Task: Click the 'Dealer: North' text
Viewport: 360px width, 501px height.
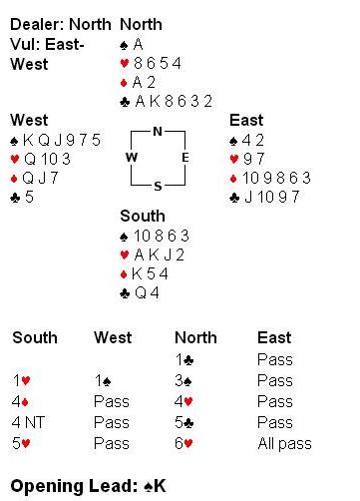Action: click(61, 24)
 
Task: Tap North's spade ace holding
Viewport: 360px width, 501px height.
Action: click(132, 44)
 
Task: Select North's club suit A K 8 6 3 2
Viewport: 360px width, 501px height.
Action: click(167, 101)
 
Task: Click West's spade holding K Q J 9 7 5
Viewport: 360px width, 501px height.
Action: click(56, 140)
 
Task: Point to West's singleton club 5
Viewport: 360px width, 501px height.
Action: click(22, 197)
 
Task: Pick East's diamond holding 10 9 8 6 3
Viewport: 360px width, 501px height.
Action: click(270, 178)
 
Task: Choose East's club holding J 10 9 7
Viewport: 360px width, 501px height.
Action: click(264, 197)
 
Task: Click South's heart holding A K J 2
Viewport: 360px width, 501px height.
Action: click(153, 254)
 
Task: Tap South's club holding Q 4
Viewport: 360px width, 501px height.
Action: click(140, 293)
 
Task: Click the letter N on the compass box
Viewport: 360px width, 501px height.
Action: click(158, 132)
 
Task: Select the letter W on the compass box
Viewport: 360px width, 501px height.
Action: click(132, 157)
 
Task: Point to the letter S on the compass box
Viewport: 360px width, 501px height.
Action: click(158, 186)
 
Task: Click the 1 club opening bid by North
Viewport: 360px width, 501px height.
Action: click(184, 359)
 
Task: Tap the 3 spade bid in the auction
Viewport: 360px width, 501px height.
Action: click(183, 380)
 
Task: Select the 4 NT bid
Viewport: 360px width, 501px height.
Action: click(28, 422)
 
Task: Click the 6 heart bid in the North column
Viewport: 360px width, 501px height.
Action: click(183, 443)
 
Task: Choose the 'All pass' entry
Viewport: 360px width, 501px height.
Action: click(285, 443)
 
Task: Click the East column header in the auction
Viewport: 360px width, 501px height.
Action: click(274, 337)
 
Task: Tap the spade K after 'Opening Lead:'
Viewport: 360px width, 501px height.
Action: click(155, 486)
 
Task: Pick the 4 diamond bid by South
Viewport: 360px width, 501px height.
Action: click(20, 401)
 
